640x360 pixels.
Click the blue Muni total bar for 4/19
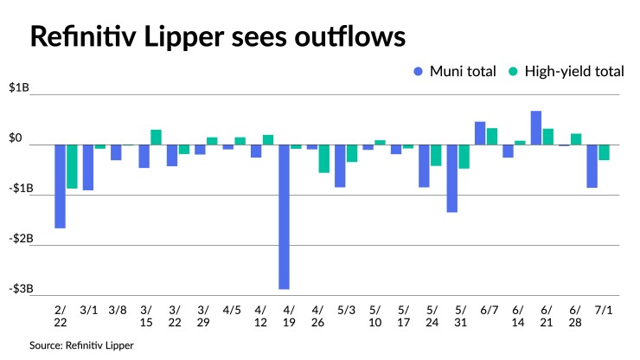[284, 216]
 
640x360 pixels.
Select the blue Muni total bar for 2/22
[61, 186]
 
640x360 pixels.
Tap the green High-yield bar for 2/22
[73, 166]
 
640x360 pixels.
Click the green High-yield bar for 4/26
[323, 158]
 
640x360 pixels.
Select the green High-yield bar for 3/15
[156, 137]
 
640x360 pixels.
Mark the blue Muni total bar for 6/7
[480, 133]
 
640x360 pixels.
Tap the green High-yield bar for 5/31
[464, 157]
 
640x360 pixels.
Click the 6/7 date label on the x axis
[486, 309]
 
